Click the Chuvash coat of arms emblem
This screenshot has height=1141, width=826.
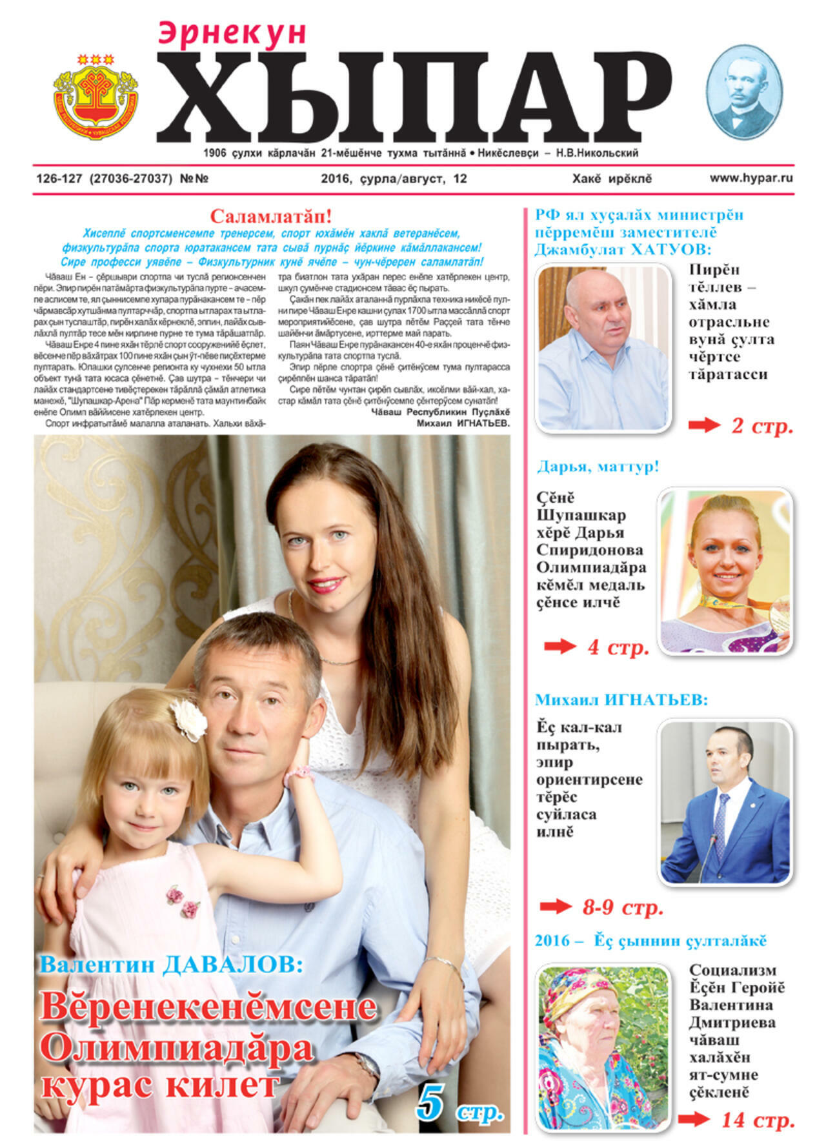pos(96,96)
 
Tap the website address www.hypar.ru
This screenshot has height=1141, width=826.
pos(751,178)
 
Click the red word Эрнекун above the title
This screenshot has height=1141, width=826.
pos(232,34)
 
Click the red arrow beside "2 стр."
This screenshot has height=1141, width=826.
pos(703,425)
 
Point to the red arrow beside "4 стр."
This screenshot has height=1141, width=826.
pos(559,647)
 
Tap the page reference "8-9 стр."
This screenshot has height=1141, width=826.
pos(623,907)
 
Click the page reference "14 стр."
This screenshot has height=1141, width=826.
pos(757,1120)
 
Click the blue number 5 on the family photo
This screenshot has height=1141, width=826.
pos(430,1102)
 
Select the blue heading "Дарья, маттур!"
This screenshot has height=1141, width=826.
pos(598,466)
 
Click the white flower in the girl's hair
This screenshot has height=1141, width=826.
pos(188,719)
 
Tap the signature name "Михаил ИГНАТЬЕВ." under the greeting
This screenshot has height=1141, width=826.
pos(463,423)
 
